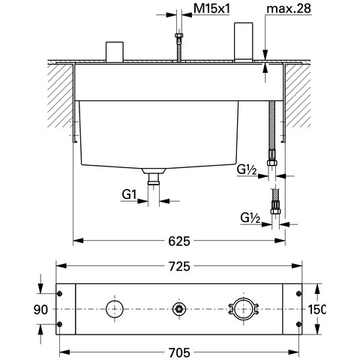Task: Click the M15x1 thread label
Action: coord(211,9)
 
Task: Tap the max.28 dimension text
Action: coord(289,8)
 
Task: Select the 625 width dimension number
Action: coord(179,241)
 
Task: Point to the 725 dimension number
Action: coord(179,266)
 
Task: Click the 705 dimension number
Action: coord(179,352)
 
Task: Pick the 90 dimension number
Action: coord(40,310)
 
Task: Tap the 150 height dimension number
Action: coord(316,310)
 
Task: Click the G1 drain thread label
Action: coord(129,194)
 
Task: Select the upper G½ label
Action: coord(247,170)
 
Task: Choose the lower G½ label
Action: coord(250,217)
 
